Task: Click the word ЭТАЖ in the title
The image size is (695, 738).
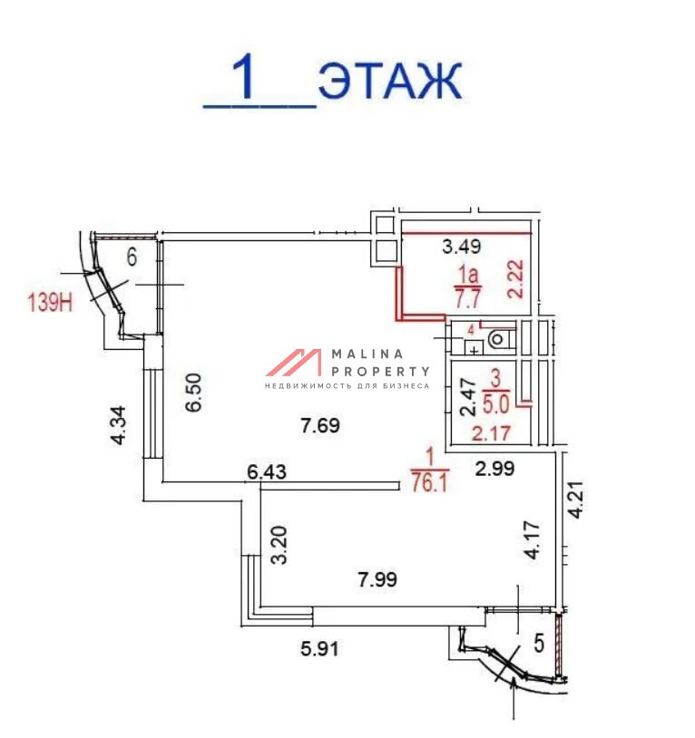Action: click(390, 81)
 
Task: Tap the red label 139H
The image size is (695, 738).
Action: click(50, 302)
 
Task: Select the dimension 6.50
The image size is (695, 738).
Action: click(193, 393)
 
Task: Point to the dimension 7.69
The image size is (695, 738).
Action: click(320, 425)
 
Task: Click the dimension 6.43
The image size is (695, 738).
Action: click(267, 471)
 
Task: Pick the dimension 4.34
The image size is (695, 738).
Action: click(118, 425)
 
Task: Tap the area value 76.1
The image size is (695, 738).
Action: click(429, 482)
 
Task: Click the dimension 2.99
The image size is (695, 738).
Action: click(494, 469)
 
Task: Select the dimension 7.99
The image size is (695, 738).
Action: click(377, 579)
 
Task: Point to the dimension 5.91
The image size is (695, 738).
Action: click(319, 649)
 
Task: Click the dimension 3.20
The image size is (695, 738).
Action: click(279, 545)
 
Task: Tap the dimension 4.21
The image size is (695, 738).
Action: click(576, 500)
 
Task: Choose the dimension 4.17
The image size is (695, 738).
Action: click(532, 539)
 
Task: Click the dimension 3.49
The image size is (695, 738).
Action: click(462, 247)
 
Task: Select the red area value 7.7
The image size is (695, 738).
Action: click(467, 298)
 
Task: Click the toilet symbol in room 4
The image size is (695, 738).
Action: click(498, 338)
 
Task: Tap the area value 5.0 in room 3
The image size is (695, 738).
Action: click(495, 403)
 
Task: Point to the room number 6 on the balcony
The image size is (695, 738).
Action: click(132, 257)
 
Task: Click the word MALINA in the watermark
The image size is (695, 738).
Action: click(367, 354)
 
